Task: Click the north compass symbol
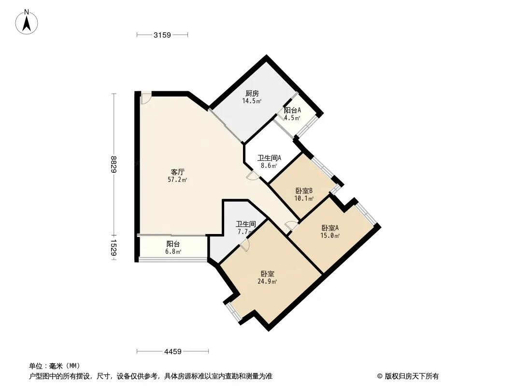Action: (x=27, y=22)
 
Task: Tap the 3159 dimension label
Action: (x=162, y=35)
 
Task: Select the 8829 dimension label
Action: (x=114, y=164)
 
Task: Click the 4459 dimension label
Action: (x=173, y=352)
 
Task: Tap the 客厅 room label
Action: (x=177, y=172)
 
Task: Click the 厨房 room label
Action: (x=252, y=94)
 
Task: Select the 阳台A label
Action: (x=292, y=110)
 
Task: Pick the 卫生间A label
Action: (x=269, y=158)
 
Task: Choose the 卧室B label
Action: (x=304, y=191)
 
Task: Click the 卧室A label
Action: (x=330, y=228)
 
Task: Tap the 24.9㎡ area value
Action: (x=267, y=281)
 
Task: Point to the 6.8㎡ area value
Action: (x=173, y=251)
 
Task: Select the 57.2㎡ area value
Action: (x=177, y=179)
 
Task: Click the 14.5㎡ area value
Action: (x=252, y=101)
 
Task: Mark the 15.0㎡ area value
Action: (x=330, y=235)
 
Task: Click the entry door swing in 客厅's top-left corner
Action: (x=146, y=98)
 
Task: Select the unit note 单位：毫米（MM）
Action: (x=55, y=366)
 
